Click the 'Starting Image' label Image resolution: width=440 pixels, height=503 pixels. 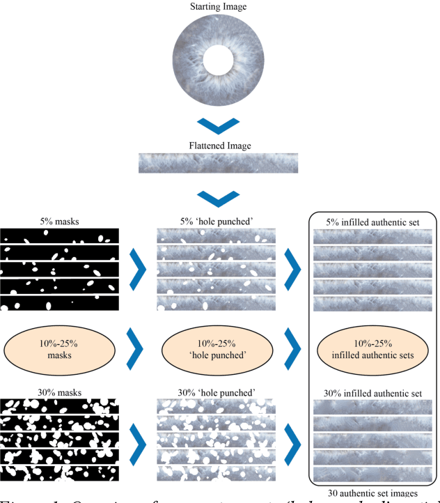coord(219,6)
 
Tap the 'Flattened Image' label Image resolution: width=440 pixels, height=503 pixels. coord(219,146)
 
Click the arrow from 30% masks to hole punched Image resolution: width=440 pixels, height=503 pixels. coord(139,442)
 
